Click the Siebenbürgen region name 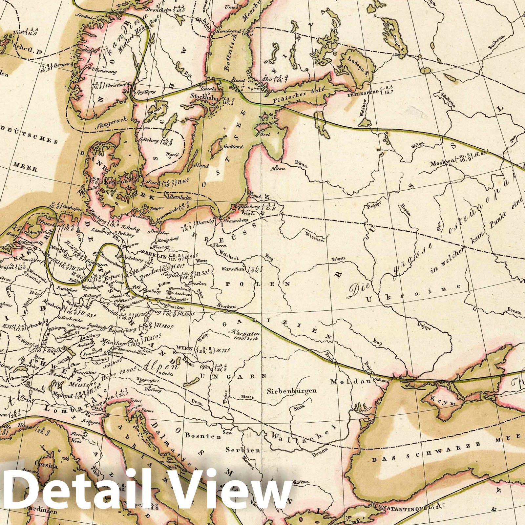coord(292,390)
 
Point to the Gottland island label coord(233,146)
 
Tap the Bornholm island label coord(180,198)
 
